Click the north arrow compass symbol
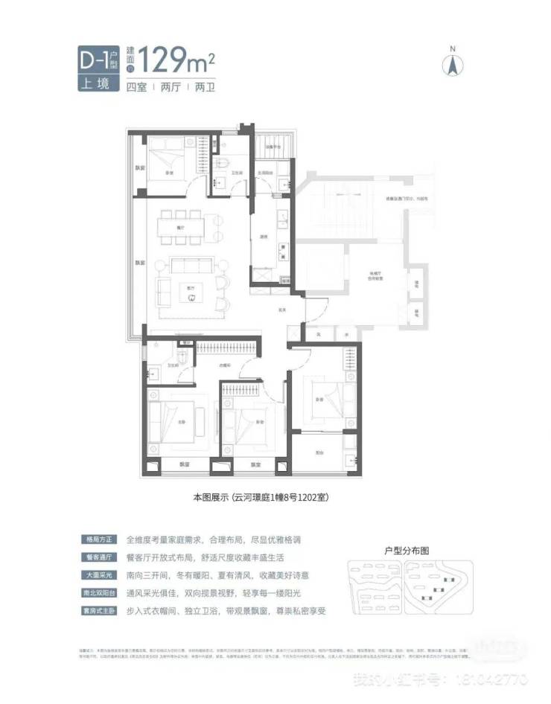point(451,63)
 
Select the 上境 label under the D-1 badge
point(97,83)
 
